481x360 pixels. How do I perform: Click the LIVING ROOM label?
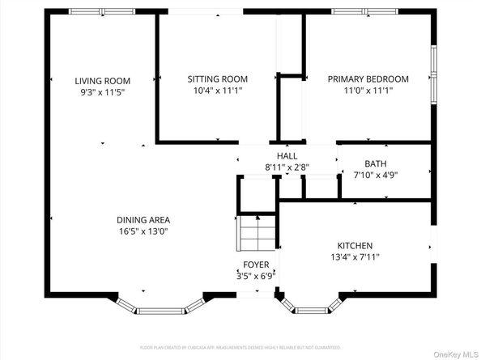(103, 81)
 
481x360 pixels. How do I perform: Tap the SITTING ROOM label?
(217, 79)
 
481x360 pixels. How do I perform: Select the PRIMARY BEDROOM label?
(368, 79)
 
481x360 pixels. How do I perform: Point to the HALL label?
(287, 156)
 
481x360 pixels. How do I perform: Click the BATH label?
(376, 163)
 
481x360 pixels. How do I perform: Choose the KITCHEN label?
(355, 246)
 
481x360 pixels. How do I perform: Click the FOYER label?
(257, 265)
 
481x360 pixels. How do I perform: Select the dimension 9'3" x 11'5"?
(103, 92)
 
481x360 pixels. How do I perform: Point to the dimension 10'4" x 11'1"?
(217, 91)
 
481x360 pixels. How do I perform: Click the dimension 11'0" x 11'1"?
(368, 91)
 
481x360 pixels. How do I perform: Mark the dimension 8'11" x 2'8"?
(287, 167)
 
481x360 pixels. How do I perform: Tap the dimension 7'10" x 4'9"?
(376, 175)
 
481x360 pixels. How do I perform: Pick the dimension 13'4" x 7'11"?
(355, 257)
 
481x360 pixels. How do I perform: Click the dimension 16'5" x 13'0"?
(143, 231)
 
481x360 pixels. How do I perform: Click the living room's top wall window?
(102, 11)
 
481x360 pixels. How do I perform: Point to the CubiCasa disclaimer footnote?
(240, 346)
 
